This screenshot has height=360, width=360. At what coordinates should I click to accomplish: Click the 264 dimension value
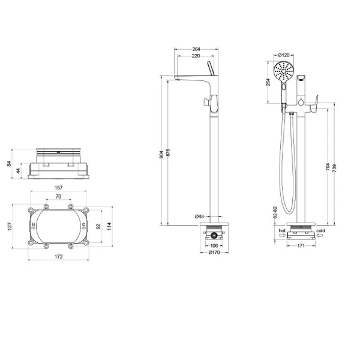[x=196, y=49]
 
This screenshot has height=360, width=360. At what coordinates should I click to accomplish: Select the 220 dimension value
[x=196, y=56]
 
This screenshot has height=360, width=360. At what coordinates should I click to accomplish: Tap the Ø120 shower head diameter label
[x=284, y=55]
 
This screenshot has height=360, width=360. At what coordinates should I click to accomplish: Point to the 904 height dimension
[x=161, y=155]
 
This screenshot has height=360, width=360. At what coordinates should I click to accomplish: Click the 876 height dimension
[x=168, y=153]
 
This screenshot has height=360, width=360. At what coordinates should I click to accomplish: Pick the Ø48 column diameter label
[x=199, y=216]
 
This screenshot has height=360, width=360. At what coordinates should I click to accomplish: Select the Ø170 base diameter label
[x=214, y=253]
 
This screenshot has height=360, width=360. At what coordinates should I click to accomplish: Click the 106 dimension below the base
[x=214, y=245]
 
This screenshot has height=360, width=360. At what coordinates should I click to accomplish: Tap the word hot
[x=282, y=230]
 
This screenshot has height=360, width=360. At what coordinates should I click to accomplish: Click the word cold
[x=320, y=230]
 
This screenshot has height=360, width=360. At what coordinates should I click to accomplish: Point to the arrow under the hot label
[x=283, y=235]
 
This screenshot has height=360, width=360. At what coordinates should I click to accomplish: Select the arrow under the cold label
[x=320, y=235]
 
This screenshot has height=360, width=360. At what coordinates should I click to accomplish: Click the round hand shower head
[x=284, y=71]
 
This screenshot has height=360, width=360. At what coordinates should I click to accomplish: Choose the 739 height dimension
[x=334, y=168]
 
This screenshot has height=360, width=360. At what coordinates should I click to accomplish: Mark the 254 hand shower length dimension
[x=268, y=82]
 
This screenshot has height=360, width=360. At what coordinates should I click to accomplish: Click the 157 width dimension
[x=58, y=188]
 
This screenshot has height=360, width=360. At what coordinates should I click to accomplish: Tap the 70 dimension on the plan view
[x=58, y=197]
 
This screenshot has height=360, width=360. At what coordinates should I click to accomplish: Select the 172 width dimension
[x=58, y=256]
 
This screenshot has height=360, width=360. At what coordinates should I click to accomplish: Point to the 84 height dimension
[x=9, y=164]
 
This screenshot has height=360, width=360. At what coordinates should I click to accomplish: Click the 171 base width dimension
[x=301, y=246]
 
